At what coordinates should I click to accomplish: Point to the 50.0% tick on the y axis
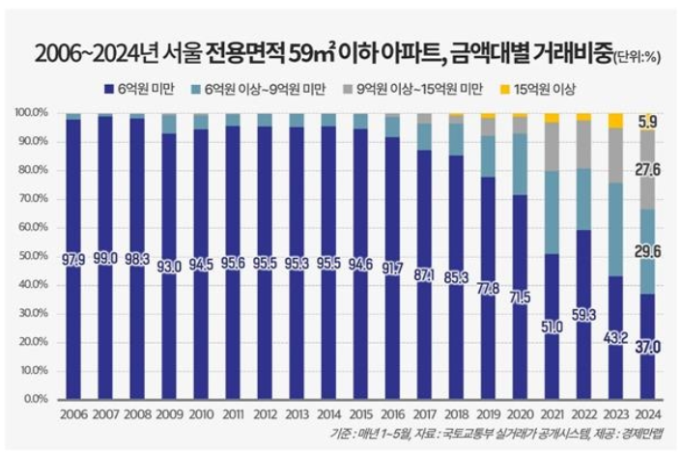click(x=34, y=255)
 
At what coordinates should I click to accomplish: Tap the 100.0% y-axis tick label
click(x=32, y=113)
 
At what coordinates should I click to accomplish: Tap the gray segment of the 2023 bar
click(x=615, y=155)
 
